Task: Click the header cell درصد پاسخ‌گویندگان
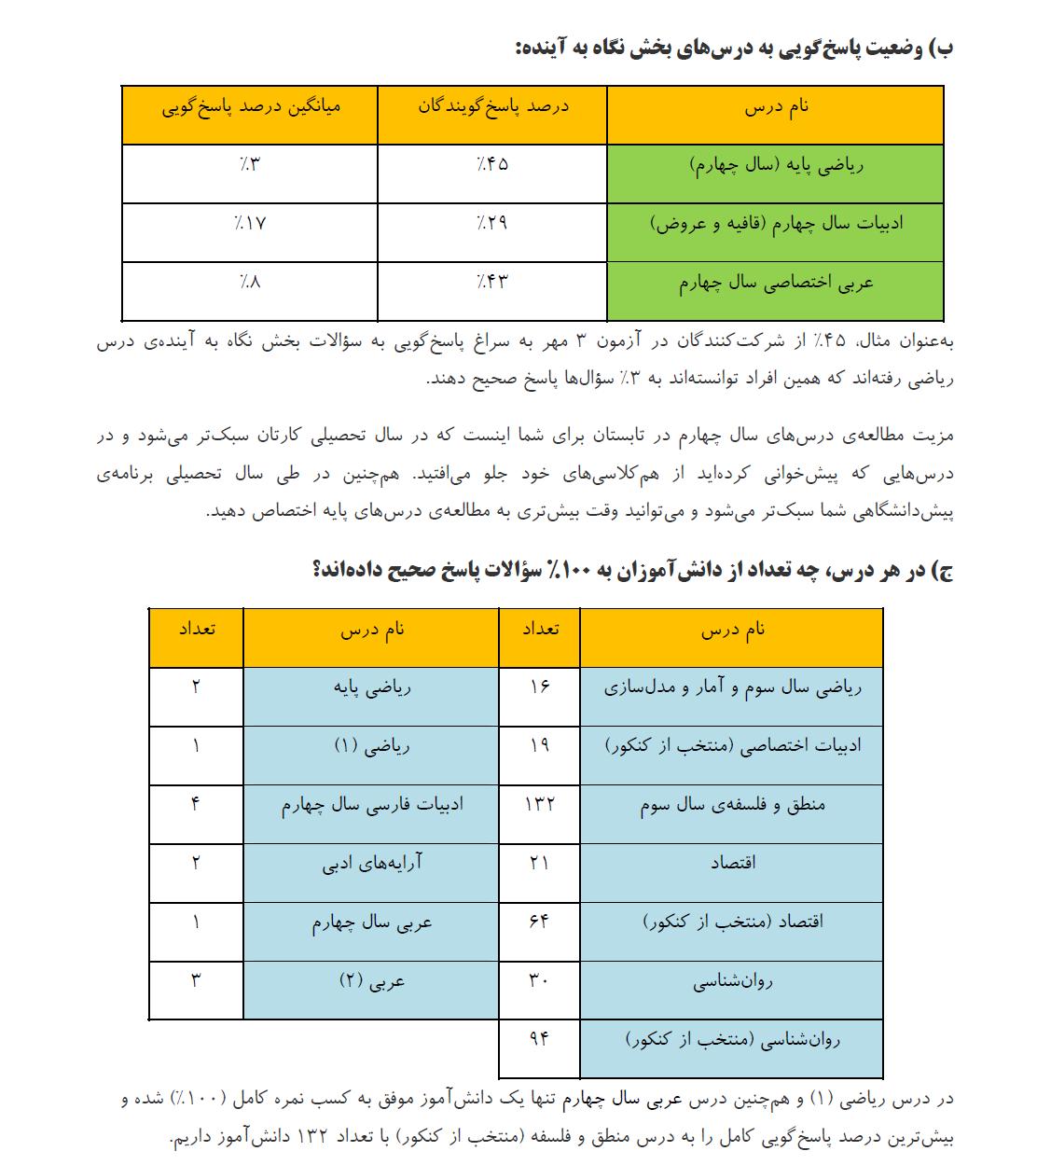(492, 106)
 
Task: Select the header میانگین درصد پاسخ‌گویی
(250, 106)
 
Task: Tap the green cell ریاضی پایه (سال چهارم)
(776, 166)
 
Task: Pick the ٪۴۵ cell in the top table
(492, 165)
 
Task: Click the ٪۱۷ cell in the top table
(250, 223)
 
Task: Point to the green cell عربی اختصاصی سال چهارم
(776, 283)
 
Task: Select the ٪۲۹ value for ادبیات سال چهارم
(492, 223)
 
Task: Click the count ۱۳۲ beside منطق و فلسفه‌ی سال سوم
(539, 804)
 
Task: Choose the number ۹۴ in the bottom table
(539, 1037)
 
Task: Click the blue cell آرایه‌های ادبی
(372, 863)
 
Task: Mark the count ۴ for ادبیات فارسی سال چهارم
(196, 804)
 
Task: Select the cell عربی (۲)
(372, 980)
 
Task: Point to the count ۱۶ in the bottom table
(539, 687)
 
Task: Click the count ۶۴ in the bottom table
(539, 922)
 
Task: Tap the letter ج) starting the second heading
(940, 571)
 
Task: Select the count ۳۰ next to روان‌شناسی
(539, 980)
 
